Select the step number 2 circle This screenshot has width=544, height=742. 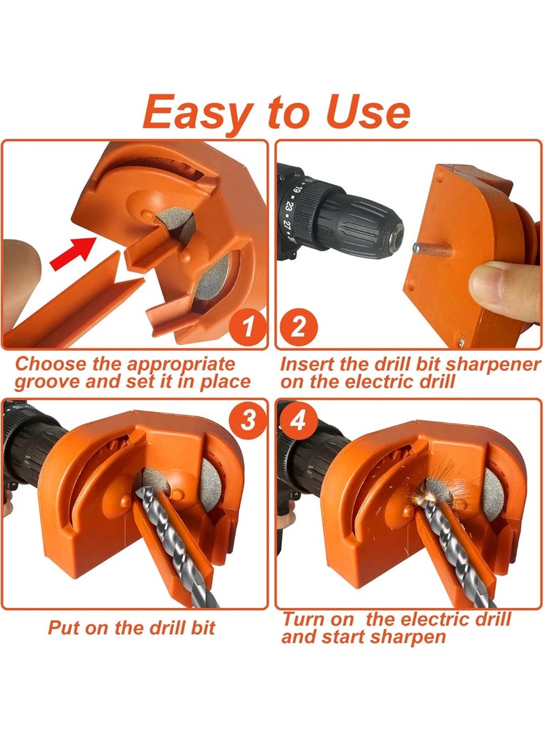[297, 328]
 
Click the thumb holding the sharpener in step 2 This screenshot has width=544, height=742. [507, 284]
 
